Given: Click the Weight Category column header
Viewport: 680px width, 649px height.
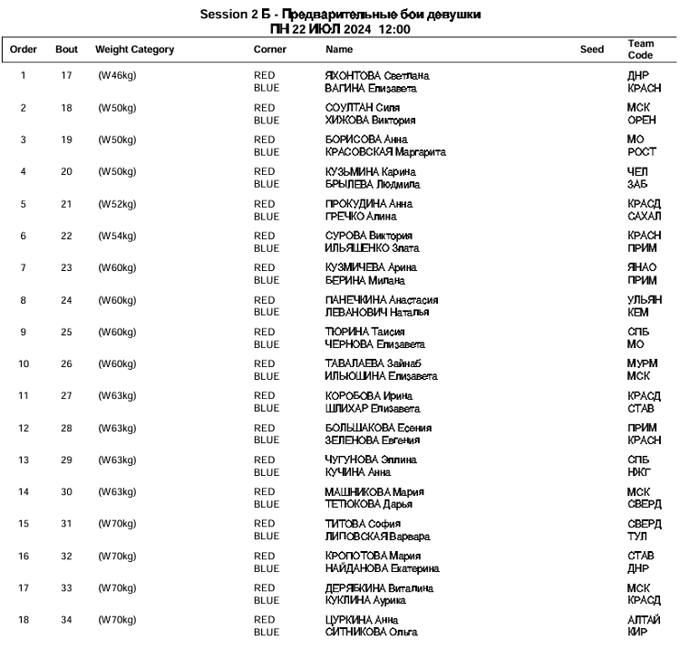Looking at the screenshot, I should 134,50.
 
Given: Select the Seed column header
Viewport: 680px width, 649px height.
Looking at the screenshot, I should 591,50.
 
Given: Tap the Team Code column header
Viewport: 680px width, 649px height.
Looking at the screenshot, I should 640,50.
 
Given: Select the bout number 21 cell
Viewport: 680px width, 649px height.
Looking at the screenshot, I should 66,204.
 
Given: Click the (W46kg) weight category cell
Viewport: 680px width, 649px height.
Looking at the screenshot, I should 117,75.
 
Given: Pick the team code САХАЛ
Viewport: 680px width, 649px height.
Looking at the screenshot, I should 644,217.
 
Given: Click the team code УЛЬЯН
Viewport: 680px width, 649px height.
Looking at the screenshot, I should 645,300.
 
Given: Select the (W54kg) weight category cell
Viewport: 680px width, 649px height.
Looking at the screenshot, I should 117,236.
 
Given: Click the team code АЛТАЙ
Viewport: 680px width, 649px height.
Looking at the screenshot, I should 644,620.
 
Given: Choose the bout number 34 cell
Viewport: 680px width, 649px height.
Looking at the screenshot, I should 66,620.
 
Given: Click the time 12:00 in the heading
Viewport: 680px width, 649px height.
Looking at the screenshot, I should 395,29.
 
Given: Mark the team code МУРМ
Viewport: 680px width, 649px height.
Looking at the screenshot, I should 642,363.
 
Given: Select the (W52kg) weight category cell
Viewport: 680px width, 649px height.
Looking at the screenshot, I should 117,204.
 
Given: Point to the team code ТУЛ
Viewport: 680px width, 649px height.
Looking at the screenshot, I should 637,537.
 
